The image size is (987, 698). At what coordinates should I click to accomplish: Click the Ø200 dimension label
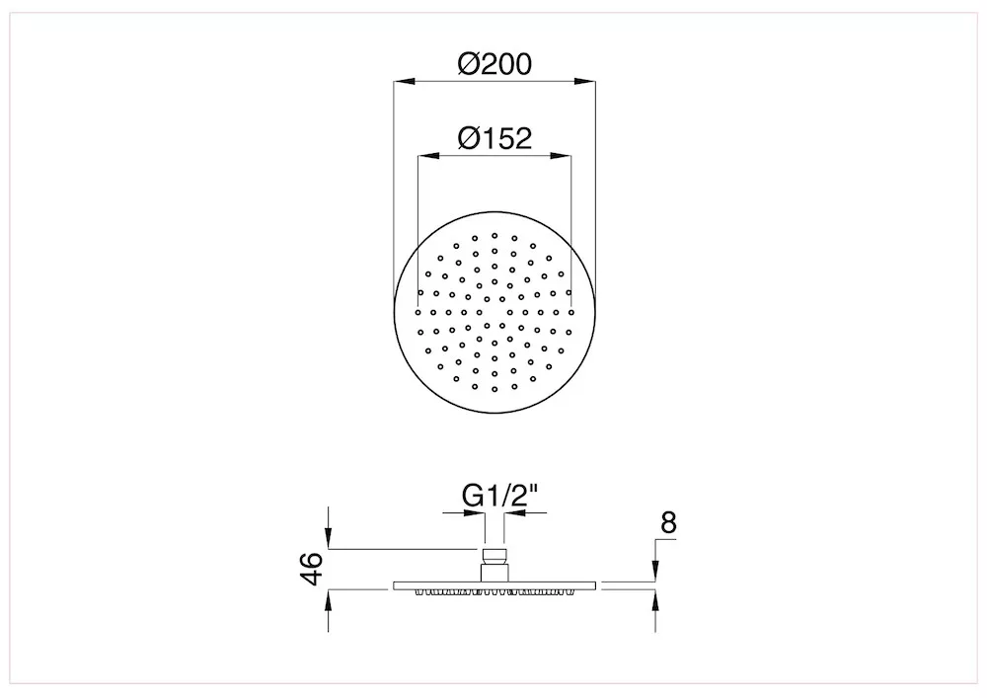click(494, 63)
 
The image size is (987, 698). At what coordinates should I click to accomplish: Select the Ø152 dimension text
click(494, 138)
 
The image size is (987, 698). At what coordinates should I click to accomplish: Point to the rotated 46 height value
click(313, 569)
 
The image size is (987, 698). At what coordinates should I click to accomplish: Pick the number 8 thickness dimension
click(668, 523)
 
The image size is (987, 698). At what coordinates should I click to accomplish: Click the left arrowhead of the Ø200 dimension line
click(404, 81)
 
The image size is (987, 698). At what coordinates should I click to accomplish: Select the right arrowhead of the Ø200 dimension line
click(584, 81)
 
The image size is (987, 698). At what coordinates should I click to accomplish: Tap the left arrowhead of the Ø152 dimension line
click(428, 155)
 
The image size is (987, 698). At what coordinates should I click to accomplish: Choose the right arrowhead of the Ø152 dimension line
click(561, 155)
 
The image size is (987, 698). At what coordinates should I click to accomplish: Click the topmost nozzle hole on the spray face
click(494, 235)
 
